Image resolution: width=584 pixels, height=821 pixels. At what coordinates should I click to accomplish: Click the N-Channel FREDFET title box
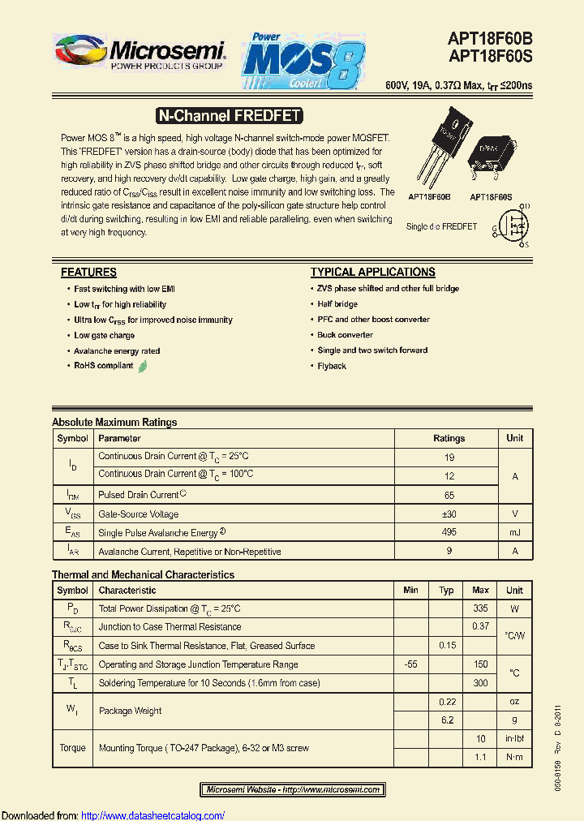pos(229,116)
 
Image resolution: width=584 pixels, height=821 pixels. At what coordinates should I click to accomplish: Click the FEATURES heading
pos(88,273)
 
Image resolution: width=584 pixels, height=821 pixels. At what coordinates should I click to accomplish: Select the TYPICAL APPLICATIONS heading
pos(372,273)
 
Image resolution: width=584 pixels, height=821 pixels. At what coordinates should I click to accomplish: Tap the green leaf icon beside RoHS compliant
pos(143,366)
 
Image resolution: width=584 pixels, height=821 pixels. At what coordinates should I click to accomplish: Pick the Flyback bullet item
pos(332,366)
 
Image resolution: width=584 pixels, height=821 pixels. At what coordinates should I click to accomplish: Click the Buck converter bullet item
pos(345,335)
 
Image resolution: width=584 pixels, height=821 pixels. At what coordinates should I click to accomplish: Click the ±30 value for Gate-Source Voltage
pos(449,514)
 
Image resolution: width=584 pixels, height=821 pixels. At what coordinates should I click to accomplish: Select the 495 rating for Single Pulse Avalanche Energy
pos(449,532)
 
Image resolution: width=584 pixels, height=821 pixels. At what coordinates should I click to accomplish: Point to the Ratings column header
pos(449,438)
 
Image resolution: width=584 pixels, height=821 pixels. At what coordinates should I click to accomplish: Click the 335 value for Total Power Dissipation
pos(480,608)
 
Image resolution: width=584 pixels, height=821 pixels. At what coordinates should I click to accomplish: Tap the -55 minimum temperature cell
pos(411,664)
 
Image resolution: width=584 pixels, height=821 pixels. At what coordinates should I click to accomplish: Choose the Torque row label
pos(72,748)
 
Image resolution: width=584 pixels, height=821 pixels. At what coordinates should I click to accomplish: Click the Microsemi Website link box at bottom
pos(292,789)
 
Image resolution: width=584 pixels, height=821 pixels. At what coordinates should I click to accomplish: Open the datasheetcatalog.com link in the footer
pos(153,815)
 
